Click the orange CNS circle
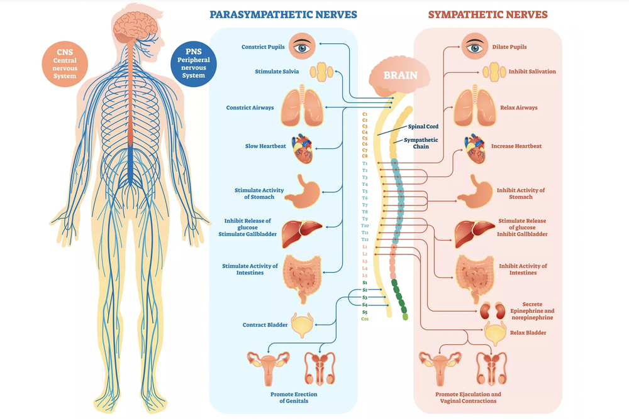(65, 63)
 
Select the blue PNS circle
(193, 63)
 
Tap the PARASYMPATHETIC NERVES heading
(283, 14)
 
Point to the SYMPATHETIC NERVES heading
(487, 14)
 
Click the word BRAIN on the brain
(400, 75)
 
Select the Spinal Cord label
(423, 126)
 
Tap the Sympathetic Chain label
(421, 143)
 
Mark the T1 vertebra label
(365, 163)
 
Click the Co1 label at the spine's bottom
(365, 319)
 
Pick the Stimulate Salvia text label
(277, 71)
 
